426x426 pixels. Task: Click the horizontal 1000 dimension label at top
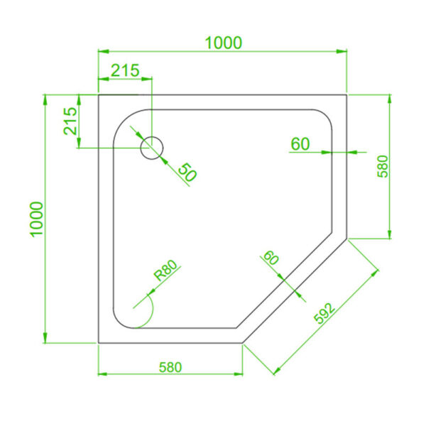point(224,43)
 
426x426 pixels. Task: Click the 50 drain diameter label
point(186,172)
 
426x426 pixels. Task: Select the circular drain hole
point(152,148)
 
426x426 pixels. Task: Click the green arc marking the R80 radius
point(147,313)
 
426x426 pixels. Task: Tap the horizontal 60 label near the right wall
point(300,143)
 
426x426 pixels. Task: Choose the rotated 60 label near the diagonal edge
point(271,258)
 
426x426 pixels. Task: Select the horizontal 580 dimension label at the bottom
point(170,367)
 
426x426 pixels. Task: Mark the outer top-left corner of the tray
point(98,94)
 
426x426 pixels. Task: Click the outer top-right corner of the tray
point(346,94)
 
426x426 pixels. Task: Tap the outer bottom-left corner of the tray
point(98,342)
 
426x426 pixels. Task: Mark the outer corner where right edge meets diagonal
point(346,238)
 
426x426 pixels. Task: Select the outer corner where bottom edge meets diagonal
point(242,342)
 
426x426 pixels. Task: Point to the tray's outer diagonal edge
point(294,290)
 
